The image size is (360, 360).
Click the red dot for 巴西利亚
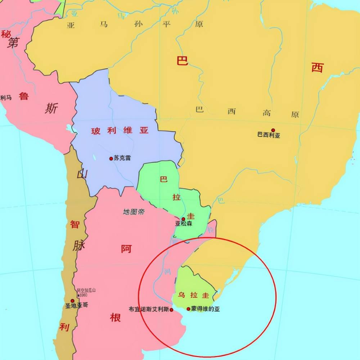pos(273,130)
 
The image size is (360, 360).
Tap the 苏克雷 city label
pos(122,158)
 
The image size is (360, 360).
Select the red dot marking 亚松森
pos(183,219)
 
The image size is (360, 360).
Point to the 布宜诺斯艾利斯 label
pos(149,309)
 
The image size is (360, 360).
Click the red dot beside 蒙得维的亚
pos(188,309)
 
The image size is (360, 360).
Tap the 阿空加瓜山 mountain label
pos(86,291)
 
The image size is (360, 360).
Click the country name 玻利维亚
pos(120,131)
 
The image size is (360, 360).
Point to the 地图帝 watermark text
pos(134,212)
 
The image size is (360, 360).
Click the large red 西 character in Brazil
pos(317,67)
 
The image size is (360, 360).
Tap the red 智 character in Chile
pos(75,225)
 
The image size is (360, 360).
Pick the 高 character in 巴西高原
pos(267,113)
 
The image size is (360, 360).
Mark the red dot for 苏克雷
pos(111,158)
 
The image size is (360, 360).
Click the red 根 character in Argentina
pos(115,318)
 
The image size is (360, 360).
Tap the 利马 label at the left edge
pos(6,98)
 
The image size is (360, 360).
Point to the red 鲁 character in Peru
pos(24,96)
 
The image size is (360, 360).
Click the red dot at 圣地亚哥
pos(72,301)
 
